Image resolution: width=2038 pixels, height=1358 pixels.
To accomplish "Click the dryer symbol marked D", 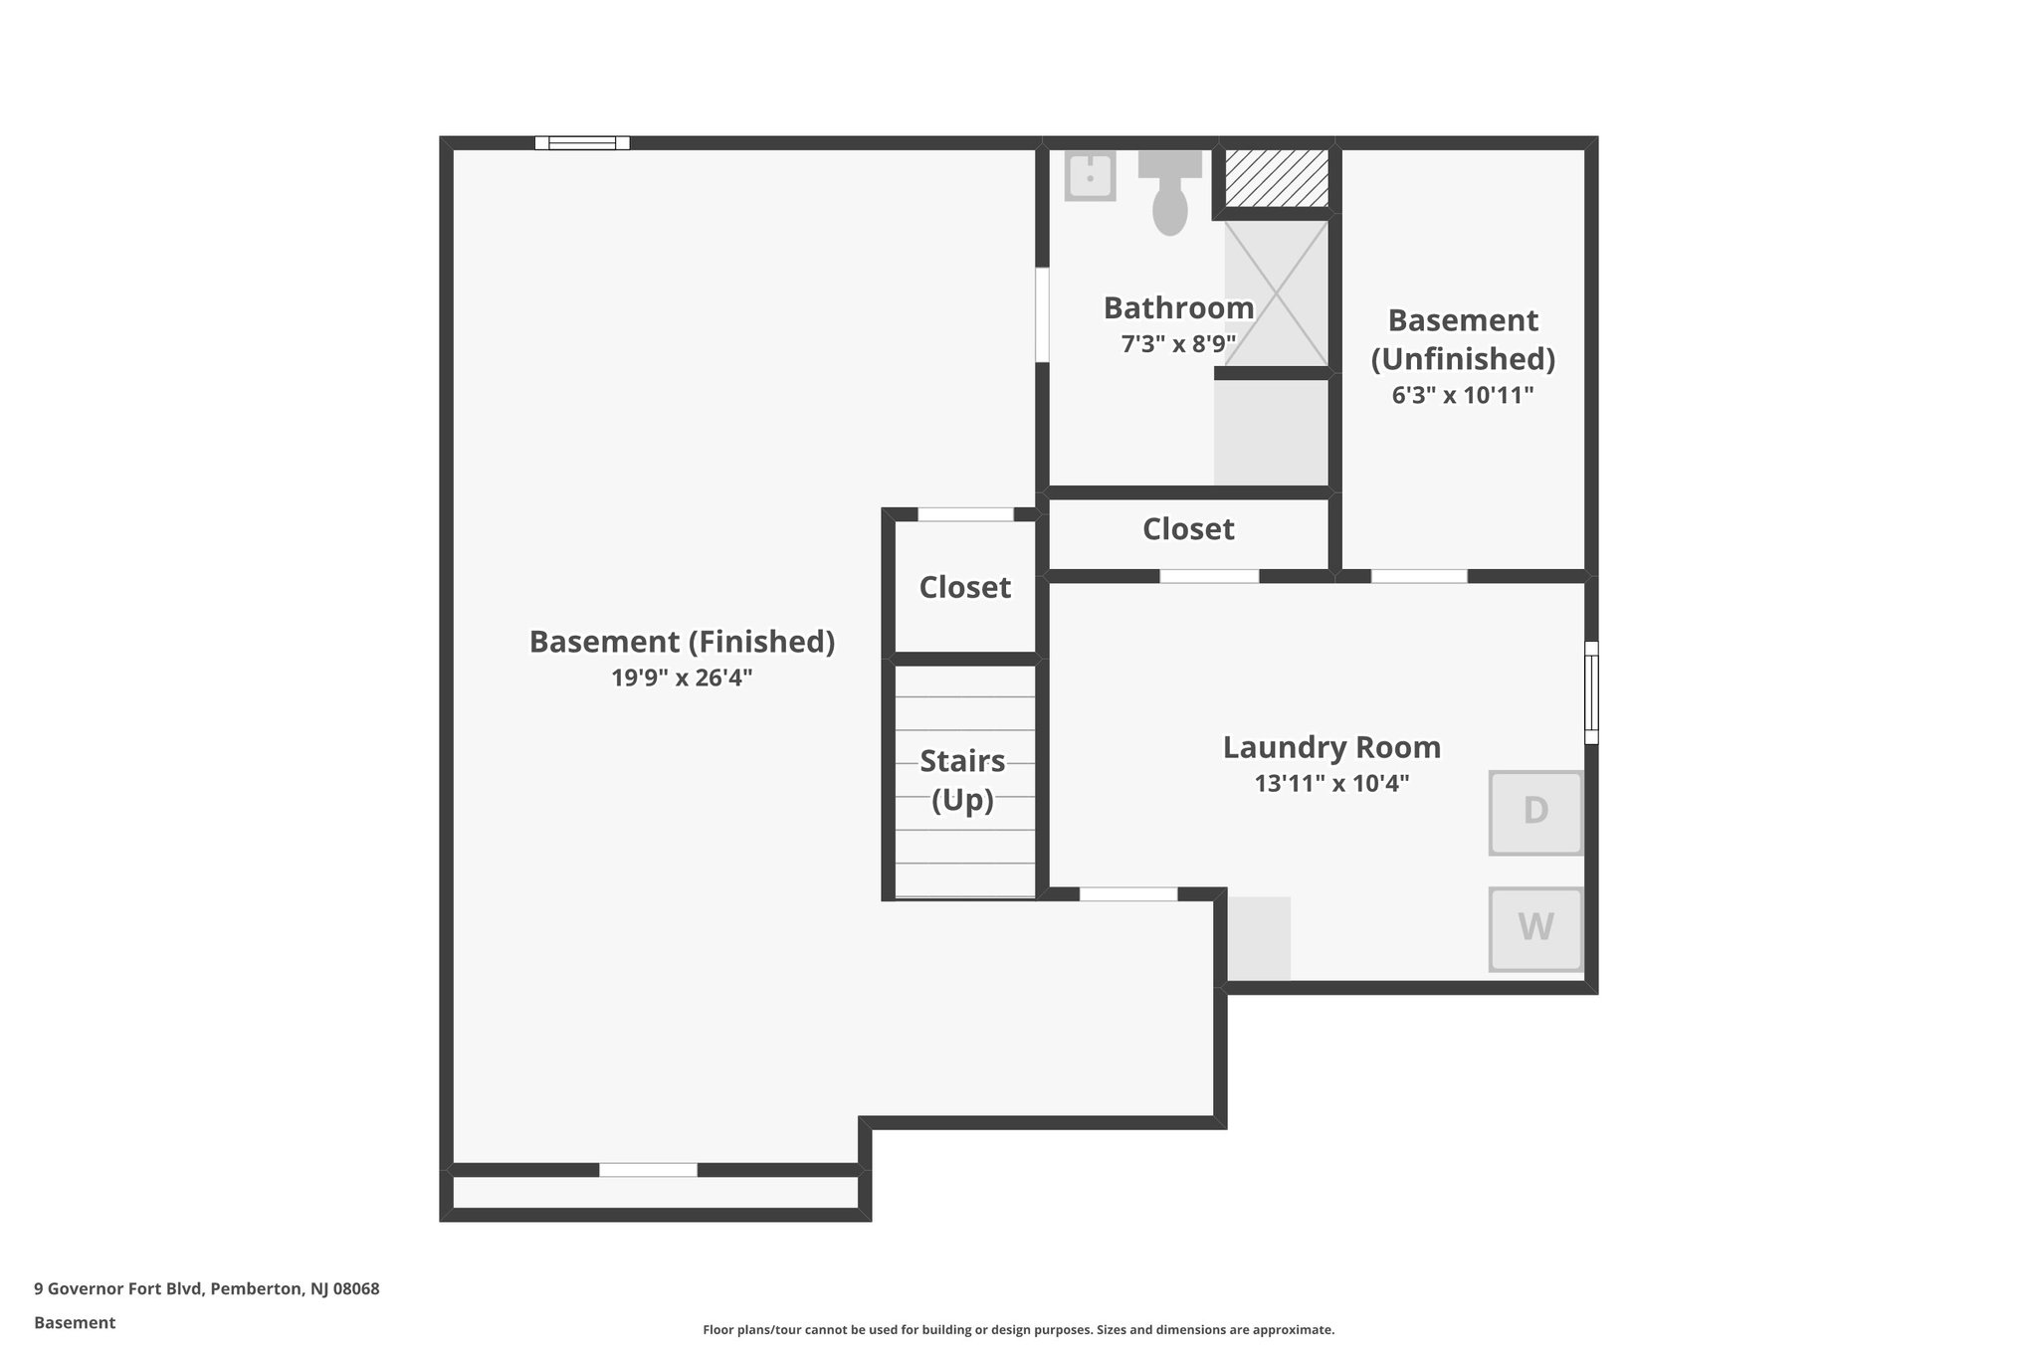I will point(1534,812).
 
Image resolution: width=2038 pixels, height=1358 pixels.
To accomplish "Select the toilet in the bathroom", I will point(1170,194).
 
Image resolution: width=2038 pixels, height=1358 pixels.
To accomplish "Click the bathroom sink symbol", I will point(1090,176).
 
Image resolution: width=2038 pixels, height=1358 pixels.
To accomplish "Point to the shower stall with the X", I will point(1276,292).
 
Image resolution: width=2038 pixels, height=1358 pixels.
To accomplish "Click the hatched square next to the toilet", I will point(1276,178).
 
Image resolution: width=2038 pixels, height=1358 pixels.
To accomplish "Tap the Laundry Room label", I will point(1331,747).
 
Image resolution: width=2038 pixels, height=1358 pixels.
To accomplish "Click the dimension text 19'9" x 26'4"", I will point(682,679).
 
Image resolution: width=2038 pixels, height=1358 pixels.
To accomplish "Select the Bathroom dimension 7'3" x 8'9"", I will point(1178,344).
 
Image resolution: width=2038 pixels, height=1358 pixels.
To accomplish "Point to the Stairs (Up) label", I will point(962,780).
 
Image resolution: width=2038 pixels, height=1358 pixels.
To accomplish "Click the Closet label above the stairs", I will point(964,587).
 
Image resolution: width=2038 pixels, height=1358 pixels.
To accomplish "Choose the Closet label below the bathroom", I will point(1188,529).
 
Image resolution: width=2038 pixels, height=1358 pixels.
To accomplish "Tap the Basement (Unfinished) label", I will point(1462,339).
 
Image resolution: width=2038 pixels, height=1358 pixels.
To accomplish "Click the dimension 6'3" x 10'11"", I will point(1462,396).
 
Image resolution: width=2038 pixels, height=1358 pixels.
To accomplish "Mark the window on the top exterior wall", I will point(582,143).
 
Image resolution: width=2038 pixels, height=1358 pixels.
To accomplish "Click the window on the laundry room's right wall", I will point(1590,692).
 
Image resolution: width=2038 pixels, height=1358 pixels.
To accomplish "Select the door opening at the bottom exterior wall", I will point(648,1170).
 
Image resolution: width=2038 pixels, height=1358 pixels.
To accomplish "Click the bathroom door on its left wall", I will point(1042,314).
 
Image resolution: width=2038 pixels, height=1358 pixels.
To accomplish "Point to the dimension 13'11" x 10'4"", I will point(1331,784).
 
